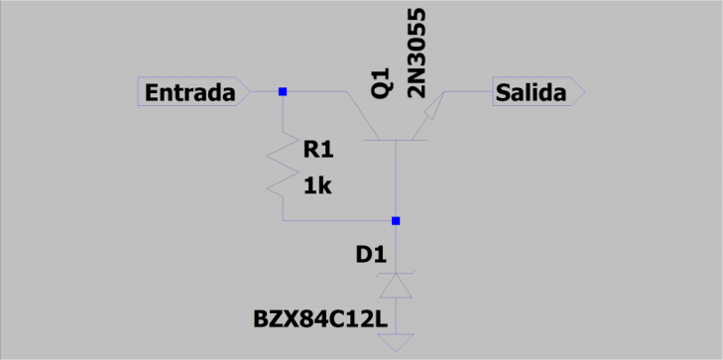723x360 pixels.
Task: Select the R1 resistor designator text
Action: pyautogui.click(x=318, y=151)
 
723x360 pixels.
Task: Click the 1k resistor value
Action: pyautogui.click(x=317, y=186)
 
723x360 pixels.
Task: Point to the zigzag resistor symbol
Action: pyautogui.click(x=283, y=164)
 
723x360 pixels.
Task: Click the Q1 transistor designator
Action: pyautogui.click(x=382, y=82)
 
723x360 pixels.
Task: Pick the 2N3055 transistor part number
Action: pyautogui.click(x=417, y=53)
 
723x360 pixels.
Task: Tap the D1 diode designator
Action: pyautogui.click(x=371, y=256)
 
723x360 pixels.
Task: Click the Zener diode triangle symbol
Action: pyautogui.click(x=396, y=286)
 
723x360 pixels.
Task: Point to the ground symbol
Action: pyautogui.click(x=396, y=342)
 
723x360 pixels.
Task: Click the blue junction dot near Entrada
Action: pyautogui.click(x=283, y=91)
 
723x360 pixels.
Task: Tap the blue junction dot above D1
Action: pyautogui.click(x=396, y=221)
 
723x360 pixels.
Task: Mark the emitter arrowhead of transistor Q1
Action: pyautogui.click(x=431, y=110)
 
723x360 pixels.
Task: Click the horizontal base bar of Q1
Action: pyautogui.click(x=396, y=140)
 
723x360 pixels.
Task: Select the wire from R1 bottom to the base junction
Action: pyautogui.click(x=339, y=221)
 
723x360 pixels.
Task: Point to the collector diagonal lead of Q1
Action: pyautogui.click(x=363, y=115)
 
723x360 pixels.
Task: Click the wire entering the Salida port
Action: pyautogui.click(x=468, y=91)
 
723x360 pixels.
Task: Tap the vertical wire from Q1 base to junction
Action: pyautogui.click(x=396, y=180)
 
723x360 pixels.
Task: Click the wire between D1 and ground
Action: pyautogui.click(x=396, y=316)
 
